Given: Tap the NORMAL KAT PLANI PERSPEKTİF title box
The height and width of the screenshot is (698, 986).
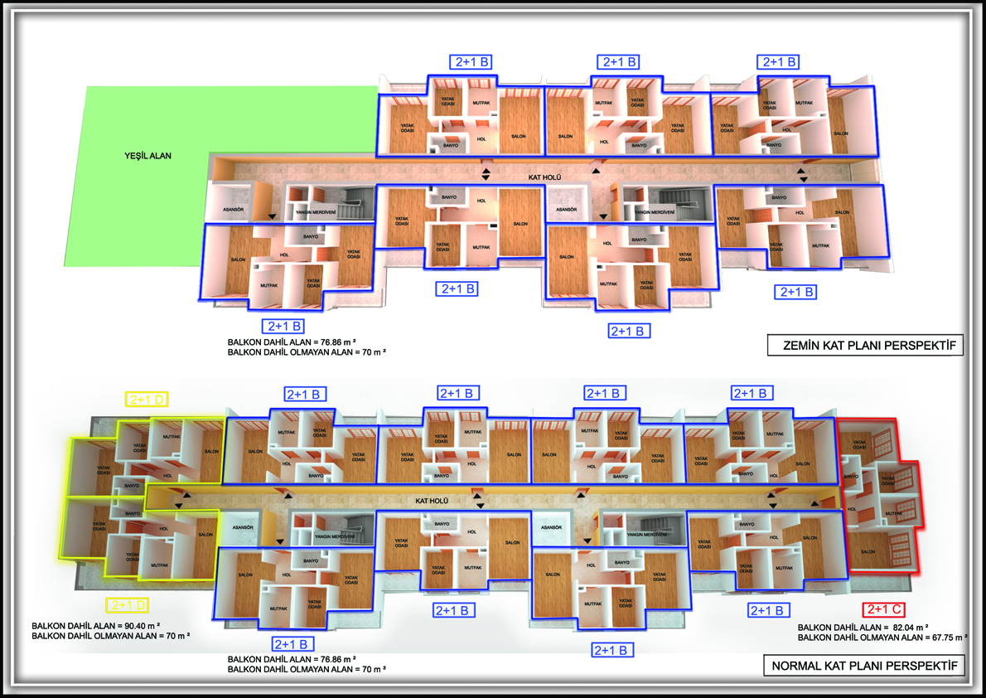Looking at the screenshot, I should [864, 666].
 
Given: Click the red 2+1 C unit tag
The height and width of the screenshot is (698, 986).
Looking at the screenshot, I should [883, 610].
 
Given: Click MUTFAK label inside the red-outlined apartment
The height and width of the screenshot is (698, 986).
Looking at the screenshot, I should [892, 514].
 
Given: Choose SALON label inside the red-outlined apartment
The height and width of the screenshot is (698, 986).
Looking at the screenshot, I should [868, 552].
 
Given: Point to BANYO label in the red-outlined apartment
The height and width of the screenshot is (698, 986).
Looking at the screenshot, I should [851, 477].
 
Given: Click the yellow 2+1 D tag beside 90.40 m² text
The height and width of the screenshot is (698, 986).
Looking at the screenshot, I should [128, 605].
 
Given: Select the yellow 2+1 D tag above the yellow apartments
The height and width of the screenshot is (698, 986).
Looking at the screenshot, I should [147, 400].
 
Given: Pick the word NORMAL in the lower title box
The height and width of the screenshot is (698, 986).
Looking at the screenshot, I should [797, 666].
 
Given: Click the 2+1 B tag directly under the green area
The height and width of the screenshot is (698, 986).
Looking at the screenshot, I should [282, 325].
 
